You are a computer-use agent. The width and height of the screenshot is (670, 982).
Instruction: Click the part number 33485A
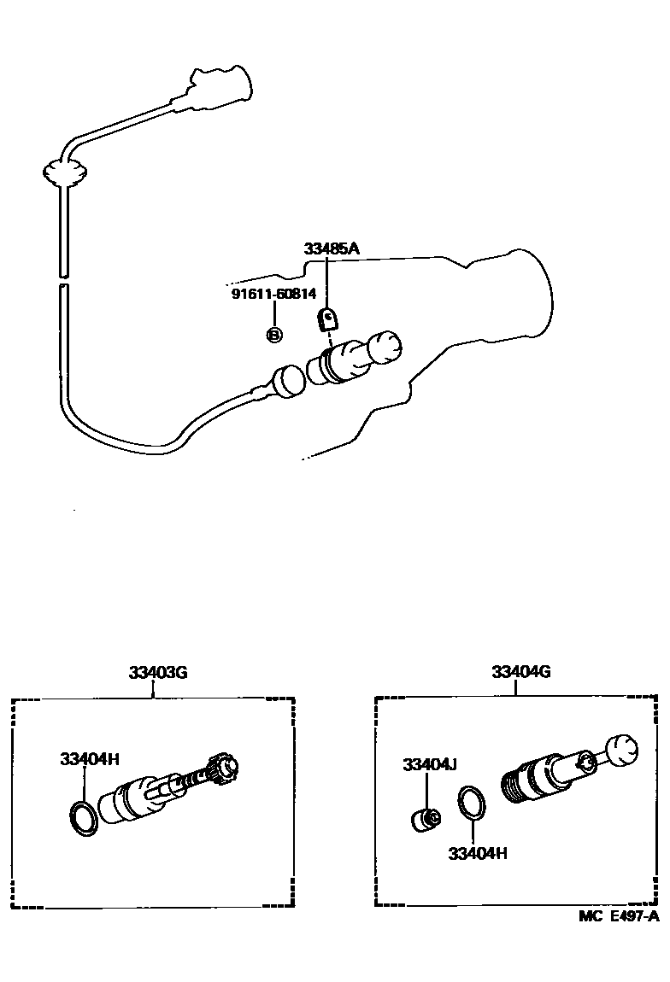point(332,248)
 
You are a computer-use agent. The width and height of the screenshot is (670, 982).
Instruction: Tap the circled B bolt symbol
point(274,335)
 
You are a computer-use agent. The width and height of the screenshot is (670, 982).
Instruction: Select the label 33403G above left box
point(158,672)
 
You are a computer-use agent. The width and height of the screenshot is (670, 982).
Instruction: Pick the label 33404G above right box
point(520,672)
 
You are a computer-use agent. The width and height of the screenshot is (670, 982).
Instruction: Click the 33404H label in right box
point(478,852)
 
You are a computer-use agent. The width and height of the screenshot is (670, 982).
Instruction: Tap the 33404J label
point(432,763)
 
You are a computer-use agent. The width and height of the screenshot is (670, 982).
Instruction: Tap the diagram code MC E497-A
point(618,916)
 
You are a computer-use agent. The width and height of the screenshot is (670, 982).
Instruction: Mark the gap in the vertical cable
point(62,281)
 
